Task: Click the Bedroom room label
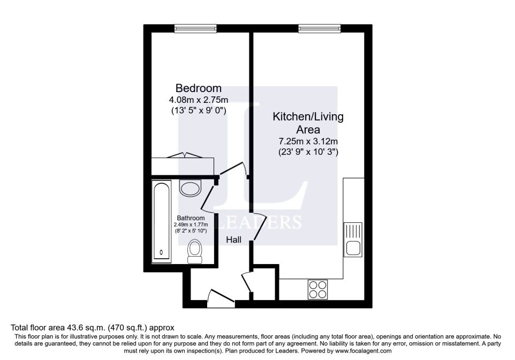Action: [x=199, y=88]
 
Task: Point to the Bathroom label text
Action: [x=191, y=218]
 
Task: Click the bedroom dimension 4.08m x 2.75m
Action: [x=199, y=100]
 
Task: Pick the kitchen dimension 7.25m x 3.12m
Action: [x=308, y=141]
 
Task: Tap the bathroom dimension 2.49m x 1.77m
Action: [x=191, y=224]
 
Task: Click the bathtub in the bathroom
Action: [x=161, y=222]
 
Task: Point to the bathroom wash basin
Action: [x=189, y=187]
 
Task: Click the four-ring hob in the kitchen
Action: [x=317, y=290]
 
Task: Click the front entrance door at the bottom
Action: [x=220, y=298]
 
